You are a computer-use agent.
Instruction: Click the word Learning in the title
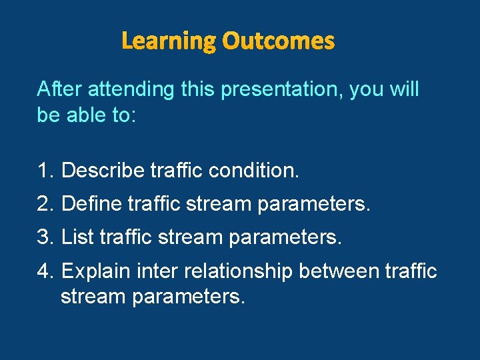click(169, 41)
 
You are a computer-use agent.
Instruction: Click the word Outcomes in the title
click(278, 41)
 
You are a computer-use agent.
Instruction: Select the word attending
click(131, 89)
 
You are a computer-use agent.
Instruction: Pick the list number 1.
click(45, 171)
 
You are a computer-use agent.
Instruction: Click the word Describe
click(103, 171)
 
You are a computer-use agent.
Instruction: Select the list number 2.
click(45, 204)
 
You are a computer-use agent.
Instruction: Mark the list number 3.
click(45, 237)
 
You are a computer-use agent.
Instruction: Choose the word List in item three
click(77, 237)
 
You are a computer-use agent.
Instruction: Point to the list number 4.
click(45, 271)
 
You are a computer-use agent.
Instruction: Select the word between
click(339, 271)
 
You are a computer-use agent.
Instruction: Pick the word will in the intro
click(404, 89)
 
